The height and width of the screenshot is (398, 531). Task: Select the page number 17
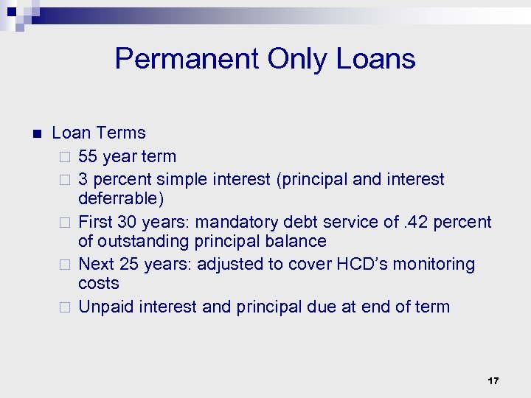pyautogui.click(x=493, y=381)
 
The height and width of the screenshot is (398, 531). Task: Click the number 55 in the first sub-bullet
pyautogui.click(x=88, y=156)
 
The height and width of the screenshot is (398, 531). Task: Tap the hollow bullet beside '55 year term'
pyautogui.click(x=65, y=157)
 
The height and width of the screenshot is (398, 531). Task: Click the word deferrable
pyautogui.click(x=118, y=199)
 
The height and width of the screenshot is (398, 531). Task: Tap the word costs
pyautogui.click(x=98, y=284)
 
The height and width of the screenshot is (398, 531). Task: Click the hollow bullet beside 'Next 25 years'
pyautogui.click(x=65, y=265)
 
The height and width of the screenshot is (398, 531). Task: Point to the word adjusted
pyautogui.click(x=230, y=264)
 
